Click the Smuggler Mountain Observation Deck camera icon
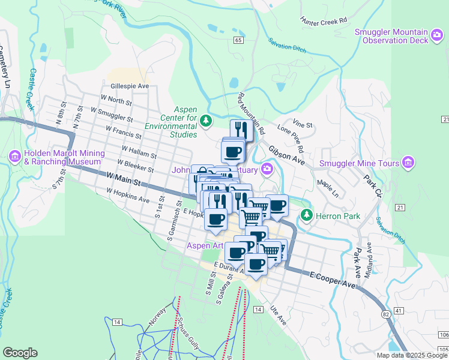tap(438, 40)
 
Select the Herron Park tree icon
tap(307, 214)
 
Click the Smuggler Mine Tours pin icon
tap(409, 163)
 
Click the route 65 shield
tap(238, 40)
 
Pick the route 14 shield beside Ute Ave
tap(258, 309)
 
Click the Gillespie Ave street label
tap(129, 86)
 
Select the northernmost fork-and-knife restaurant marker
tap(241, 129)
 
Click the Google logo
tap(20, 353)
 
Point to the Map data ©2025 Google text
tap(412, 355)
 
